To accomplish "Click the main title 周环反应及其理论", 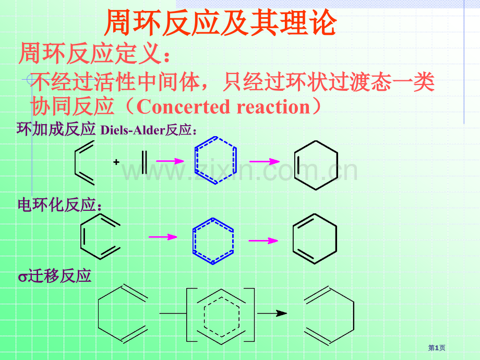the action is click(220, 22).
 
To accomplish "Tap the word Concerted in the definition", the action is click(183, 107).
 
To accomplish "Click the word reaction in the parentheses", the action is click(273, 107).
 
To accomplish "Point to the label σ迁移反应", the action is click(54, 276).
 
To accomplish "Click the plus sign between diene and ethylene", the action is click(116, 162).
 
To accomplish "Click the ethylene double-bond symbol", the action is click(144, 162).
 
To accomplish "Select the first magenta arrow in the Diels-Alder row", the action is click(170, 161).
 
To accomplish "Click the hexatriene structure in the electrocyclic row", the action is click(81, 237).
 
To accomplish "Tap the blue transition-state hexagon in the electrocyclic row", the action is click(193, 241).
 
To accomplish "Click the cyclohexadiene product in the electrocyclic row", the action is click(293, 239).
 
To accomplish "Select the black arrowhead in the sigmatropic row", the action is click(281, 313).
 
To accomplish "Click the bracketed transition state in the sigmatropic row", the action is click(187, 315).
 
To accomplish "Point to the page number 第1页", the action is click(437, 348).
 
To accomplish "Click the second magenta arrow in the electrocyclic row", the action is click(263, 241).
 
